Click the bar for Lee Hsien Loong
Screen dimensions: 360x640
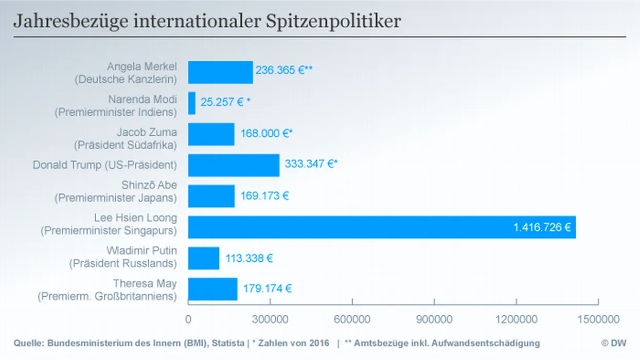click(x=381, y=227)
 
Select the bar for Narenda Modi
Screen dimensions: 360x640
click(x=192, y=103)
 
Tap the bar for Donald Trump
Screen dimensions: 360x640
click(x=234, y=165)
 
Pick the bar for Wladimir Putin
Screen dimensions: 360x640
click(x=204, y=258)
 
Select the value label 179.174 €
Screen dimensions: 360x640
click(x=268, y=289)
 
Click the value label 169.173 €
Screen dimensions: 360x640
click(x=265, y=196)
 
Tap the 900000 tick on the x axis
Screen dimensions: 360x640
click(x=434, y=319)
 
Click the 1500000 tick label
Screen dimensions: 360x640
click(x=598, y=319)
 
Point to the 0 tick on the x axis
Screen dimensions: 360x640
click(x=188, y=319)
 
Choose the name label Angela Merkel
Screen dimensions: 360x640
click(x=142, y=66)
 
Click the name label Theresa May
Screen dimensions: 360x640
click(x=145, y=283)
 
